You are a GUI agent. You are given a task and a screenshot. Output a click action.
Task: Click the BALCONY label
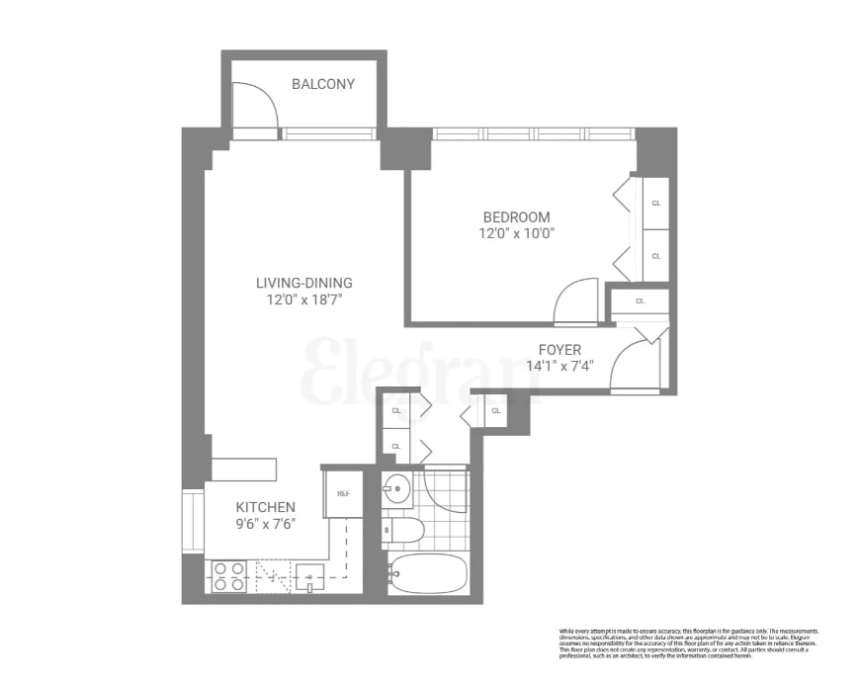pos(322,84)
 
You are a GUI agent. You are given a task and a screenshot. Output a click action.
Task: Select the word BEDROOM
pos(516,217)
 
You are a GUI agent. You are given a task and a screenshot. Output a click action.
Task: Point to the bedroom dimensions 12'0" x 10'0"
pos(516,234)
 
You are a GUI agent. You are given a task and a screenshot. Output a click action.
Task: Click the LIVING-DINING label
pos(303,282)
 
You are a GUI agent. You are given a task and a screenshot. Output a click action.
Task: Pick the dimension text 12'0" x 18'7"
pos(303,299)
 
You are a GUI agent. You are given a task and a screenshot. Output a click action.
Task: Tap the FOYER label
pos(560,349)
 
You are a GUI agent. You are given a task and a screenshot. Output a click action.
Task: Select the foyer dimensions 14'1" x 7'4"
pos(560,366)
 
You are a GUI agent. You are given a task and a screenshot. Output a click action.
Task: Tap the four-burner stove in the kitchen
pos(229,576)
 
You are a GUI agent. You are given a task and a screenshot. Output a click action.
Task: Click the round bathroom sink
pos(397,489)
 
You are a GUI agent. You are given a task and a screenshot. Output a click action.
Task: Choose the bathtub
pos(428,573)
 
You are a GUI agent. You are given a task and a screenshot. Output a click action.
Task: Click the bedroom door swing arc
pos(577,302)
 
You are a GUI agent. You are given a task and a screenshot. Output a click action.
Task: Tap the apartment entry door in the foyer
pos(634,367)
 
